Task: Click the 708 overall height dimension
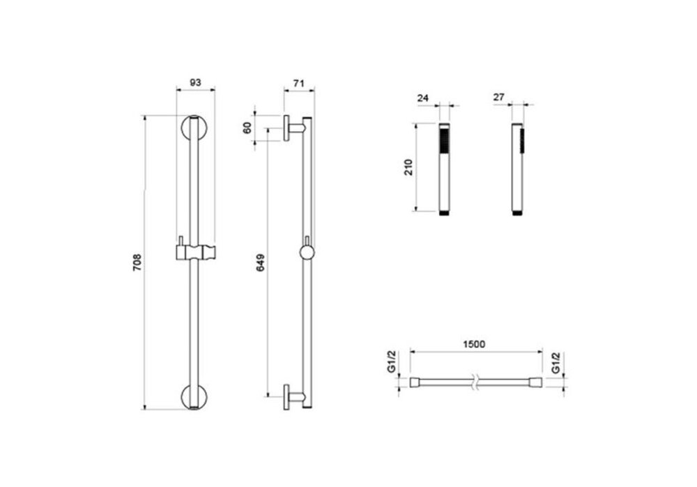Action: [137, 262]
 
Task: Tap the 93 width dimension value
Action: [196, 82]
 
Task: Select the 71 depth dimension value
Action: [299, 83]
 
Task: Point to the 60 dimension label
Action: [247, 127]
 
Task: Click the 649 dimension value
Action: [261, 262]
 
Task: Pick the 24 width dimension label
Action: [423, 98]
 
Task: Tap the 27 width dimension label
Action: [499, 97]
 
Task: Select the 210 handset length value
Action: [408, 167]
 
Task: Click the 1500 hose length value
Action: [474, 344]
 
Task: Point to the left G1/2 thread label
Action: [391, 362]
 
